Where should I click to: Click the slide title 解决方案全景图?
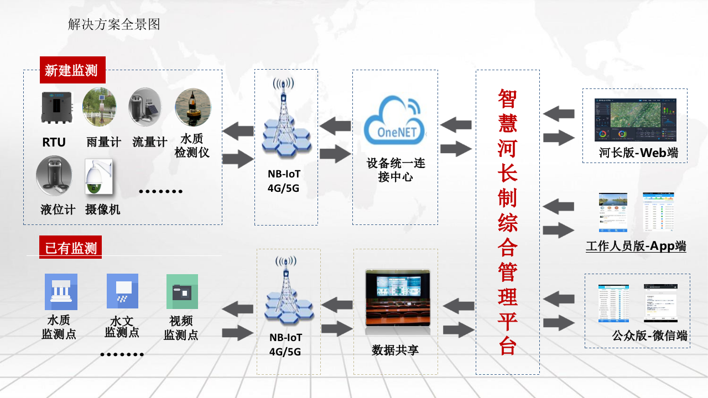[114, 24]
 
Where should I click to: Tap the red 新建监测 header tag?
[71, 70]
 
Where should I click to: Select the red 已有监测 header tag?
[71, 248]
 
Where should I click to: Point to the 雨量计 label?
[103, 142]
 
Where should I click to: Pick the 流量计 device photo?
[145, 107]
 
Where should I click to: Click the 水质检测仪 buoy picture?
[192, 107]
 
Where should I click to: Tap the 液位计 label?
[58, 210]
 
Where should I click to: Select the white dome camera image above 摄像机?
[98, 177]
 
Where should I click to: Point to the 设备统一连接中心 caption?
[395, 170]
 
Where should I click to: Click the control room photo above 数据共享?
[397, 298]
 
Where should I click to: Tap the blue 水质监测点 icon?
[61, 291]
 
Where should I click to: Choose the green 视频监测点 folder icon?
[182, 291]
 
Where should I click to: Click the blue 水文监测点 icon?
[122, 291]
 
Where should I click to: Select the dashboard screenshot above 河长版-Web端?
[635, 119]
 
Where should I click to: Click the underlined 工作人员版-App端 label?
[636, 247]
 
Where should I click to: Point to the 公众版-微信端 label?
[649, 335]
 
